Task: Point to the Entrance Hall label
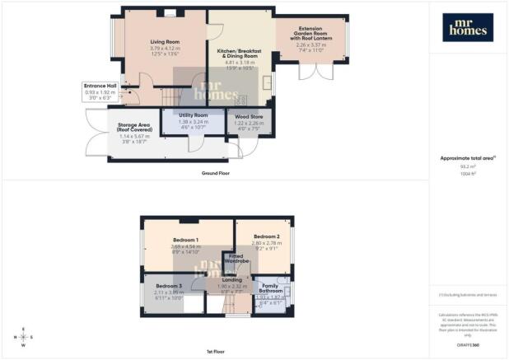click(x=100, y=85)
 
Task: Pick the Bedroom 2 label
click(x=261, y=235)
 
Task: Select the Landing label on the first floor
click(x=231, y=279)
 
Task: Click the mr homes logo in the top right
click(x=469, y=26)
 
